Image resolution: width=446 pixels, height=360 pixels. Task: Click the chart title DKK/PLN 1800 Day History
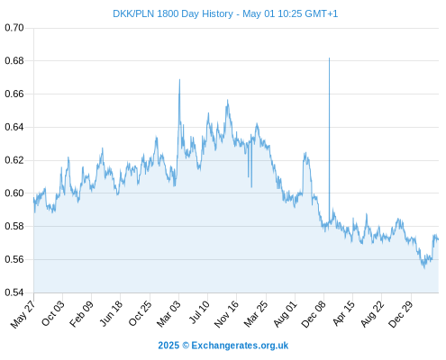tap(173, 13)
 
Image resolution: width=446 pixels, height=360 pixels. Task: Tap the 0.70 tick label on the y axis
tap(14, 28)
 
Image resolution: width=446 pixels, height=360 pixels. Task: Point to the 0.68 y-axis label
tap(14, 61)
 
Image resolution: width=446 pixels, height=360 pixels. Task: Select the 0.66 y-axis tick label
tap(14, 94)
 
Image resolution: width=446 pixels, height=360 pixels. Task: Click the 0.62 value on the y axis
tap(14, 160)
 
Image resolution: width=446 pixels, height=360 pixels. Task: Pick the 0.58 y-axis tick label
tap(14, 226)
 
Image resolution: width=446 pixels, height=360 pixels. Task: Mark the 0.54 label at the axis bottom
tap(14, 292)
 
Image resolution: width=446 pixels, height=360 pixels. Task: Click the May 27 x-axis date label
tap(23, 314)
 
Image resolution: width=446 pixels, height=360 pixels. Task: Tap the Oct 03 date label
tap(53, 313)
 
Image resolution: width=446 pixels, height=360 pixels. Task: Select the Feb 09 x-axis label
tap(81, 313)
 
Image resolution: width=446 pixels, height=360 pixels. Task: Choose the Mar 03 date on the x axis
tap(168, 313)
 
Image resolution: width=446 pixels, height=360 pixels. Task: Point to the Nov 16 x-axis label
tap(226, 314)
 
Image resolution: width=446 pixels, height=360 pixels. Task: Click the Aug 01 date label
tap(285, 313)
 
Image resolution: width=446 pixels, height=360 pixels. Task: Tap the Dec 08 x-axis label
tap(314, 314)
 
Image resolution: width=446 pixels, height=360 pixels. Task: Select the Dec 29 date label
tap(401, 314)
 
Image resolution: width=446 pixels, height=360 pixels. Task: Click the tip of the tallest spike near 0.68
tap(329, 58)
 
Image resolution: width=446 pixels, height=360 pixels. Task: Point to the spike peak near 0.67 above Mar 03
tap(179, 79)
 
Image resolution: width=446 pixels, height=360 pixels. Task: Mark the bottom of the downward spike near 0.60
tap(251, 187)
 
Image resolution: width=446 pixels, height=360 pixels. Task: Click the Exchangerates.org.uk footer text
tap(240, 346)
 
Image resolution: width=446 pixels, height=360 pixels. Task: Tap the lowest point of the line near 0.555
tap(424, 268)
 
